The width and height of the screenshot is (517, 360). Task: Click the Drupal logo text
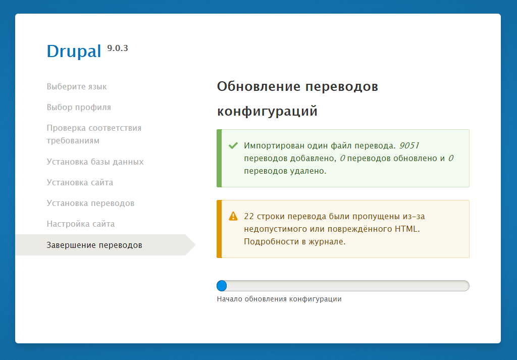[x=74, y=51]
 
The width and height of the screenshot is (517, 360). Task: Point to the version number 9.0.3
[x=117, y=48]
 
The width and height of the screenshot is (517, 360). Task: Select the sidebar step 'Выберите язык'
[x=77, y=86]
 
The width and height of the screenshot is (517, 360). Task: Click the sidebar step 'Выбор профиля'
[x=79, y=107]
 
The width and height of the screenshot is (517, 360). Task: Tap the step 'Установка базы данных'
[x=95, y=162]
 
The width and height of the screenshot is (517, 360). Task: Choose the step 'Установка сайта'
[x=80, y=182]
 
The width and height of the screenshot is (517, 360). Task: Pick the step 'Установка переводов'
[x=90, y=203]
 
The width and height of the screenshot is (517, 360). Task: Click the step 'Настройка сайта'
[x=80, y=224]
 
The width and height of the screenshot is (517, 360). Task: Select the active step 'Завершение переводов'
[x=94, y=245]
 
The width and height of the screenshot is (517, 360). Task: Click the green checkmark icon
[x=233, y=145]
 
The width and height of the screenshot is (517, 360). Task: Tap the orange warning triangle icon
[x=233, y=216]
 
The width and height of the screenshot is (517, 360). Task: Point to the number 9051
[x=409, y=145]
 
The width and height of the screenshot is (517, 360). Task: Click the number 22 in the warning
[x=249, y=216]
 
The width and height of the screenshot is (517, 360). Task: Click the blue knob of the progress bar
[x=222, y=286]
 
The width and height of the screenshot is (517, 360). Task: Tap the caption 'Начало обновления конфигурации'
[x=279, y=299]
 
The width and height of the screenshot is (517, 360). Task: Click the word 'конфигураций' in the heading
[x=267, y=111]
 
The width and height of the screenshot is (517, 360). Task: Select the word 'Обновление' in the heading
[x=258, y=86]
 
